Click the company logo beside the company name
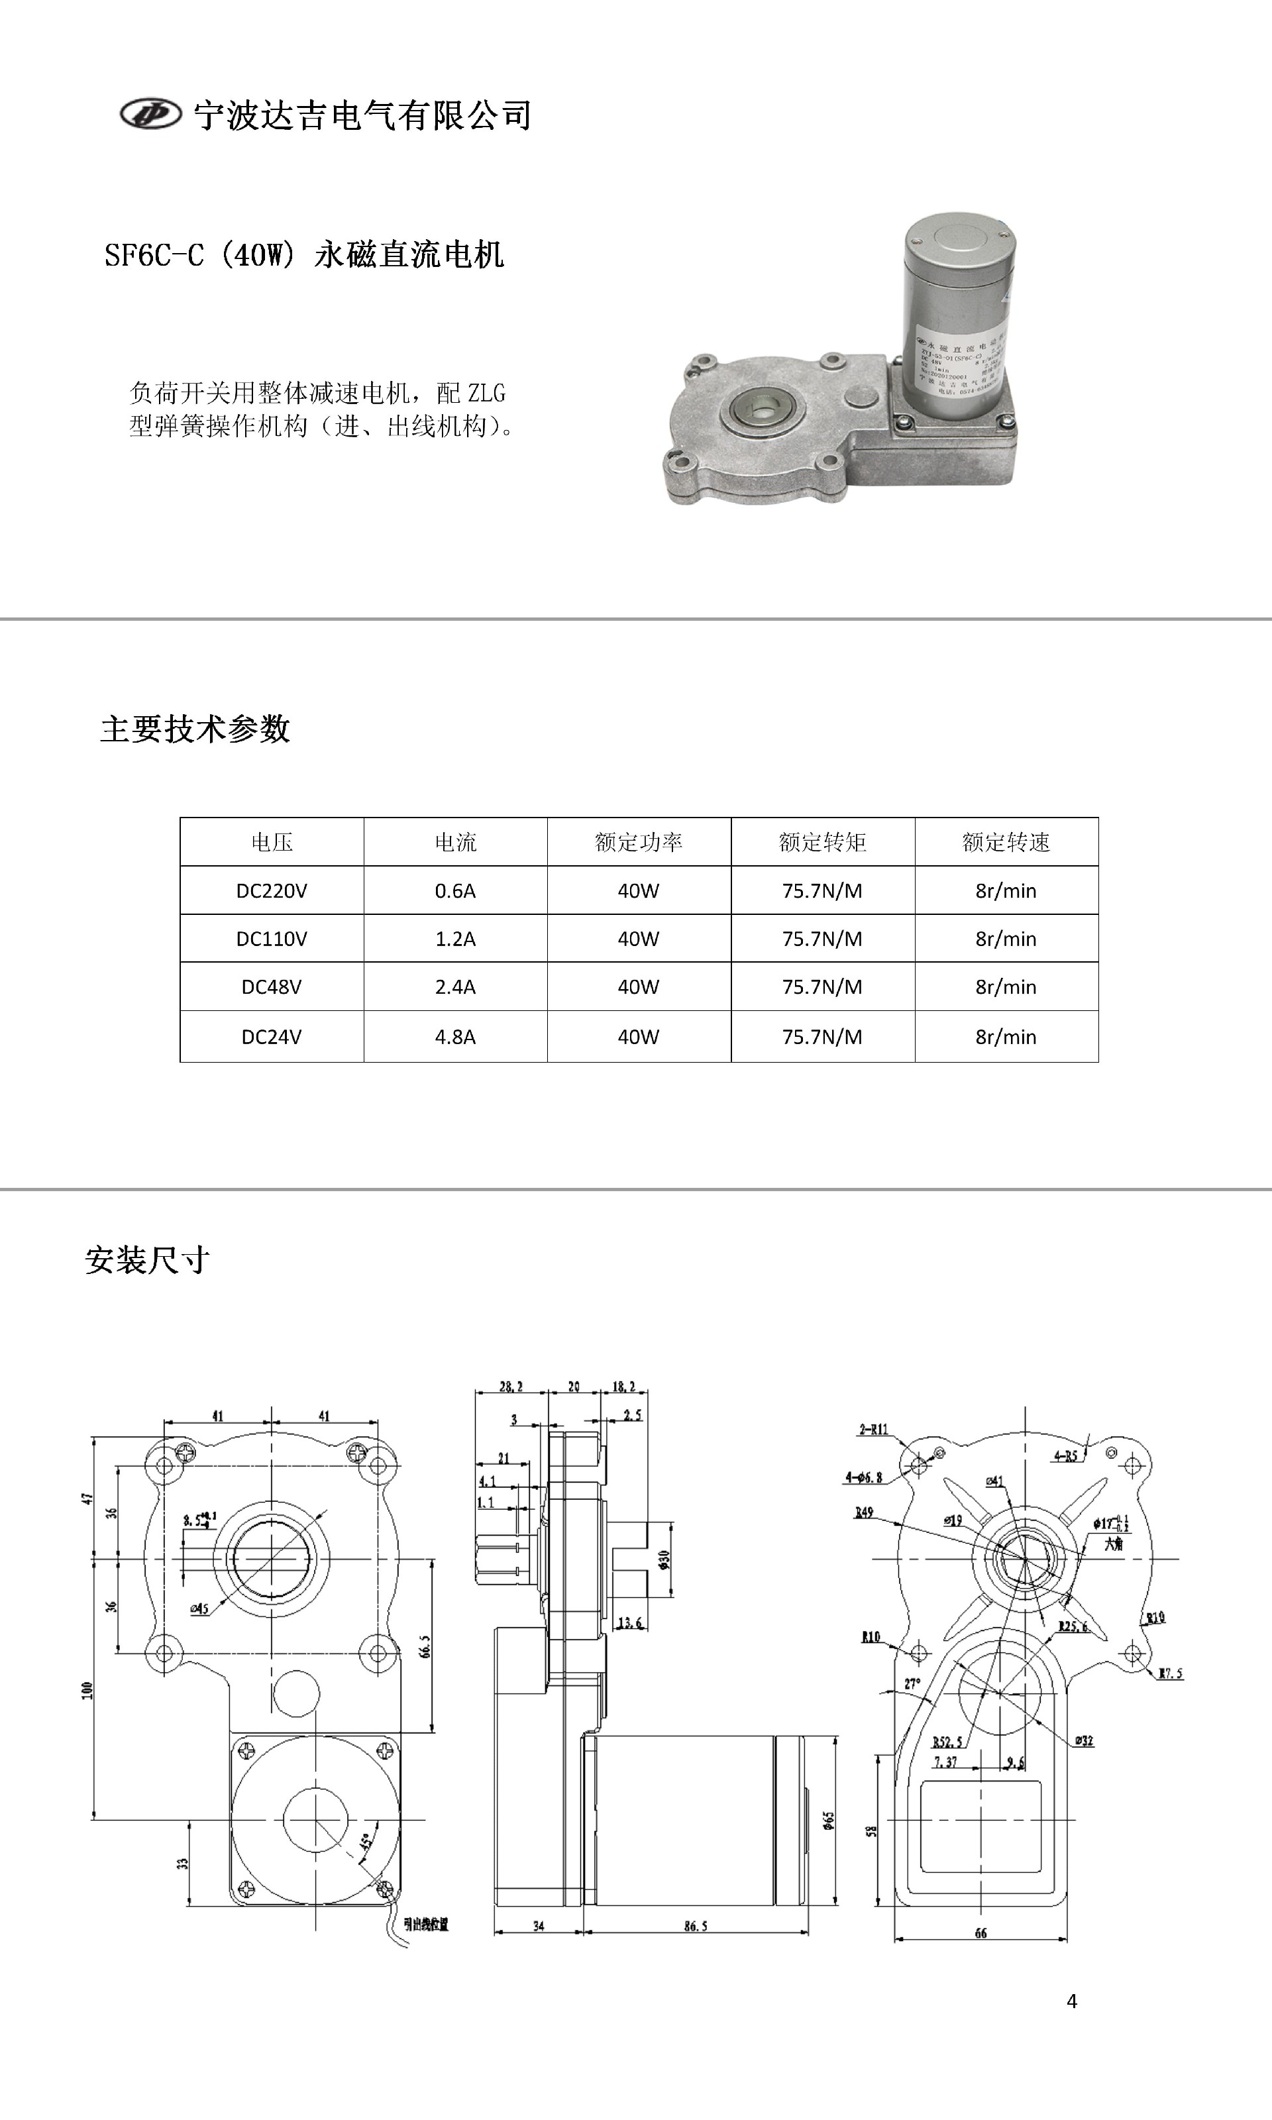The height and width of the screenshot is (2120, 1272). click(151, 113)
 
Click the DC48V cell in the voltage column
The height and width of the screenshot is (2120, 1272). click(272, 987)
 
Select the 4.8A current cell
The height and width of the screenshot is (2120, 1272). click(455, 1037)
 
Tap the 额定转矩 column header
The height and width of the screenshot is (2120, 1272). click(822, 842)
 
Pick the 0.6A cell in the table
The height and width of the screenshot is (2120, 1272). click(455, 891)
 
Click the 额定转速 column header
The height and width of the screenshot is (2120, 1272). click(1006, 842)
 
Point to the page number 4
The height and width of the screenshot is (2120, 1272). click(1071, 2001)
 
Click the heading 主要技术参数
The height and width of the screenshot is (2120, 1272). click(195, 729)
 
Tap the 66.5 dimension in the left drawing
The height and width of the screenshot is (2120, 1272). click(425, 1647)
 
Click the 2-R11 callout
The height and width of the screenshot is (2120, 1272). click(873, 1429)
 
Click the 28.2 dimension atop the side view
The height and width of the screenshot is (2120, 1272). click(511, 1387)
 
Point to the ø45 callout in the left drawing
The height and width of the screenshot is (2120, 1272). click(199, 1609)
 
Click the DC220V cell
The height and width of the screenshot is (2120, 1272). click(272, 891)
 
